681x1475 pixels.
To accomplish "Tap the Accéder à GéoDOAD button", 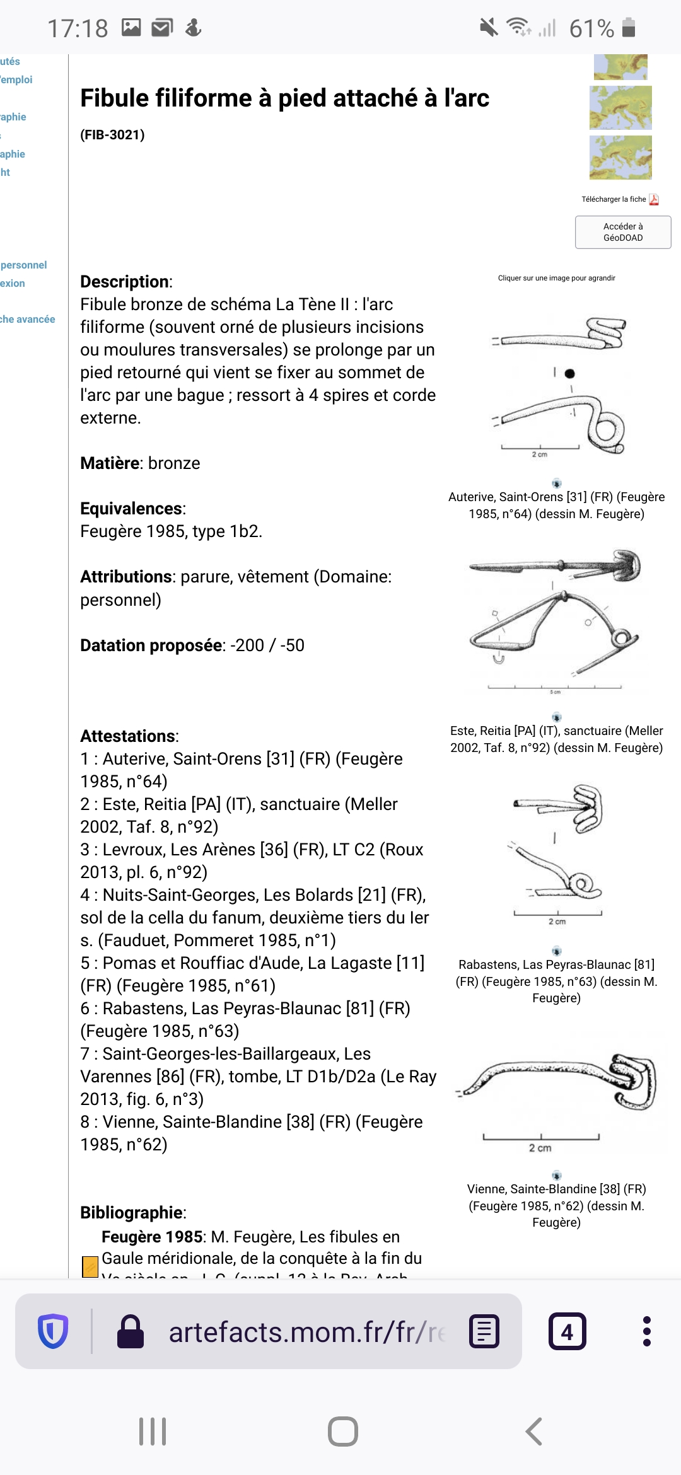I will coord(623,232).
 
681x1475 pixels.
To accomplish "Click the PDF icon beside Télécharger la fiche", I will coord(654,199).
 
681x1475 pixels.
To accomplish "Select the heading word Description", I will coord(125,282).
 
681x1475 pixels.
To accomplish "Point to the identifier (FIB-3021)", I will coord(112,134).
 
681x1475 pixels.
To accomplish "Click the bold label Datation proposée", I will coord(151,645).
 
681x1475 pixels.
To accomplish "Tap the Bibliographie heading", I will coord(132,1212).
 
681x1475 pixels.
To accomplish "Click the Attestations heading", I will coord(128,736).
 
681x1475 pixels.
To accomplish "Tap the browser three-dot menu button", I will coord(646,1331).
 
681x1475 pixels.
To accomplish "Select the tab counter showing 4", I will coord(567,1331).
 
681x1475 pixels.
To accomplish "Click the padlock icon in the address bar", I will coord(131,1331).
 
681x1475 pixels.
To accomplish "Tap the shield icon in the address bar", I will coord(53,1331).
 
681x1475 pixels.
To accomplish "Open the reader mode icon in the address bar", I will coord(484,1331).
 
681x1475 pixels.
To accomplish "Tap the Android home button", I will coord(342,1431).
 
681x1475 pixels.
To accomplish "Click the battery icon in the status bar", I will coord(629,28).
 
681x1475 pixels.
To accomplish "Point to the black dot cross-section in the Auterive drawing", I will coord(570,373).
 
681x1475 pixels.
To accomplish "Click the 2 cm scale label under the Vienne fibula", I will coord(540,1148).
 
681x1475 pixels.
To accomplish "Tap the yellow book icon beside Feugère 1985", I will coord(90,1266).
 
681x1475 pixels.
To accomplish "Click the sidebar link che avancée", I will coord(27,319).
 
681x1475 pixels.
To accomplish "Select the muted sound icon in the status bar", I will coord(489,28).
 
